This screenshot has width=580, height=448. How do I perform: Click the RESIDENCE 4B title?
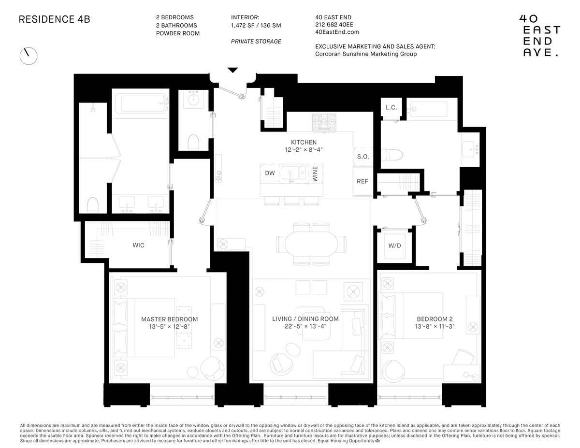coord(54,20)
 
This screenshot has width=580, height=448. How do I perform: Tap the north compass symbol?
coord(28,56)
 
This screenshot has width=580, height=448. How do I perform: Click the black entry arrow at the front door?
coord(233,70)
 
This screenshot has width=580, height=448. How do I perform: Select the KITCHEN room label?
coord(304,142)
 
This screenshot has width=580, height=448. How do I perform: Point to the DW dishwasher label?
coord(270,173)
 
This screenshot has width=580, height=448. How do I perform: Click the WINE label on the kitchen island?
coord(315,173)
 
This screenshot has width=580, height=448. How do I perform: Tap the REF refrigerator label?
coord(362,182)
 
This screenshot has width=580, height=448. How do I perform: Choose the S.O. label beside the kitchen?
coord(363,157)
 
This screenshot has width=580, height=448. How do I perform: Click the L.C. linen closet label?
coord(391,107)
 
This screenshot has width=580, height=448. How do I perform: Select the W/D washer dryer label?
coord(394,246)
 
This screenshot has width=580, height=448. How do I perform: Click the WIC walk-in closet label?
coord(139,246)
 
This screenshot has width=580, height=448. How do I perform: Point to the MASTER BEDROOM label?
coord(169,319)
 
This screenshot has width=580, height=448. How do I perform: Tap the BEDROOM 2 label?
coord(435,319)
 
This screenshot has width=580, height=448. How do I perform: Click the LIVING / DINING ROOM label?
coord(305,319)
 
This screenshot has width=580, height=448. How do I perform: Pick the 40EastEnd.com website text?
coord(337,32)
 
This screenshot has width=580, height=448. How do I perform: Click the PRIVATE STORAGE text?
coord(256,42)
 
